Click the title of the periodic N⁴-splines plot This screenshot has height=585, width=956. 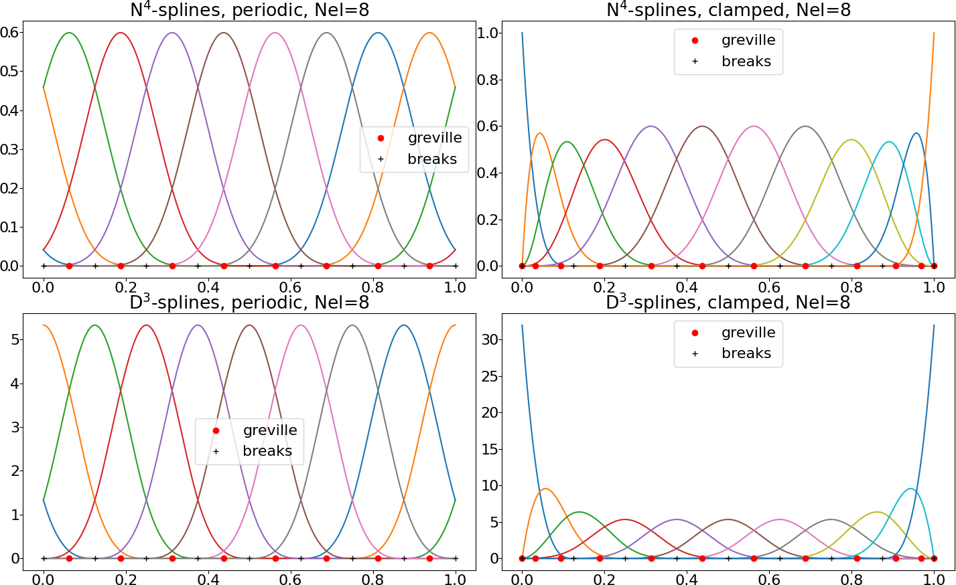point(249,9)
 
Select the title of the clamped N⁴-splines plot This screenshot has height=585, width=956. point(728,9)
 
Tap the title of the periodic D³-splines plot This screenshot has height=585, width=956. point(249,303)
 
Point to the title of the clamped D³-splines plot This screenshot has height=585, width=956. point(728,303)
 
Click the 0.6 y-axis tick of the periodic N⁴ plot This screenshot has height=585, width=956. point(10,32)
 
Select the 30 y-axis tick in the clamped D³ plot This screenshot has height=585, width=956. point(490,339)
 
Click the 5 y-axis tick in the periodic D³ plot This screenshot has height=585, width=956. point(15,339)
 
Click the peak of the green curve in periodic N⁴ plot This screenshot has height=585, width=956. point(69,33)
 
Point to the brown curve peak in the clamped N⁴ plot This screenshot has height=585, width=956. point(702,126)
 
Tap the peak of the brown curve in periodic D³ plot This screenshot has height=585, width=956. point(249,325)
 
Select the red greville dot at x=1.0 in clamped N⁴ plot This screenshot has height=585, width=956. point(934,266)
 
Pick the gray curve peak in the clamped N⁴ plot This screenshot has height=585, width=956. point(805,126)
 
